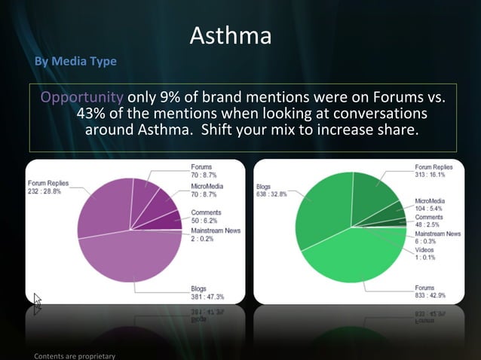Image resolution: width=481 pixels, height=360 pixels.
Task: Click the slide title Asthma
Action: click(230, 35)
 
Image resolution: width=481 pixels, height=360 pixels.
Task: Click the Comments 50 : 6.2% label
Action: click(206, 218)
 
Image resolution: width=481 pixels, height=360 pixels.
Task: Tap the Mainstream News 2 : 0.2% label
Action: click(216, 234)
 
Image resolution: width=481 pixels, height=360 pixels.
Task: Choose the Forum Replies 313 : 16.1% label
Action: click(433, 170)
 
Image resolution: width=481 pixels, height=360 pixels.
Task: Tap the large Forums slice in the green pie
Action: click(354, 256)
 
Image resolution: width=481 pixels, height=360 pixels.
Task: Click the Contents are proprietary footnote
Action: click(73, 355)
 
